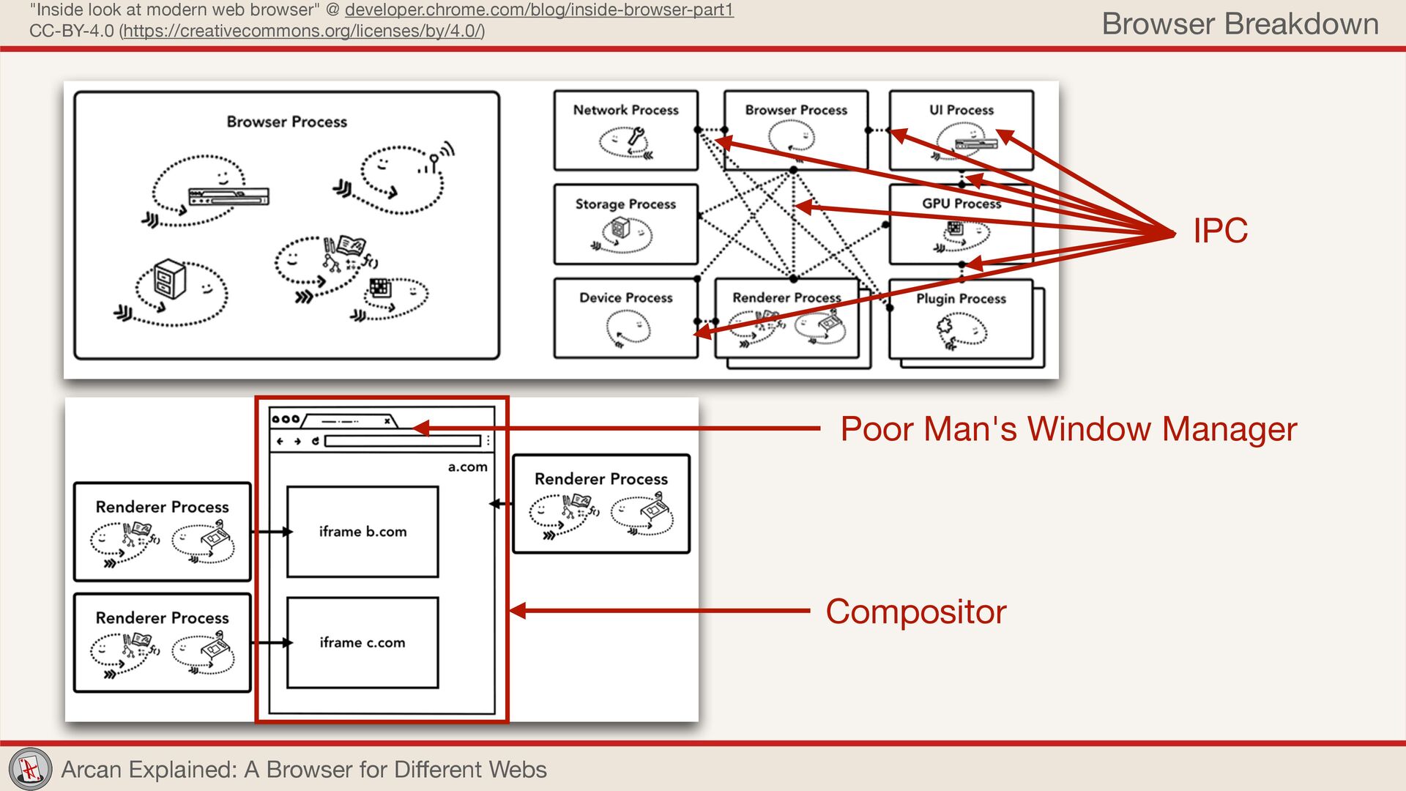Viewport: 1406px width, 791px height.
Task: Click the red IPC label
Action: (1220, 231)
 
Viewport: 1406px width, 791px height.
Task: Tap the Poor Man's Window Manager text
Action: (1068, 429)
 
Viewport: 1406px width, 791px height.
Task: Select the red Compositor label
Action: (915, 612)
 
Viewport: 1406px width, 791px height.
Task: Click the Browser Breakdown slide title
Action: (1240, 24)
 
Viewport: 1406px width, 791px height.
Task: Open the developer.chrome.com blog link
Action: (539, 10)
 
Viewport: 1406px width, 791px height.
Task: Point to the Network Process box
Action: (625, 130)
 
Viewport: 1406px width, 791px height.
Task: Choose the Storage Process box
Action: (625, 224)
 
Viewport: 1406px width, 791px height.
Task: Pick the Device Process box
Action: (625, 318)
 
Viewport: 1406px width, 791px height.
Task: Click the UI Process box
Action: (961, 130)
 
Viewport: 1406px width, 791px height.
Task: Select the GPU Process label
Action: (961, 204)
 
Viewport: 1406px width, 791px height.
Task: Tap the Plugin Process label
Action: (961, 299)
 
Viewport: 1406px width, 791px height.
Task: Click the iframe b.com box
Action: (362, 532)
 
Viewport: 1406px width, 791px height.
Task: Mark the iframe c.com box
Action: (362, 642)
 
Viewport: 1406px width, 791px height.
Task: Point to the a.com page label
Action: (467, 467)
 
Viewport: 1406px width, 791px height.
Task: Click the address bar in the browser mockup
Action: (403, 441)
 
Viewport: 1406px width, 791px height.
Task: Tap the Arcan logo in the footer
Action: (30, 769)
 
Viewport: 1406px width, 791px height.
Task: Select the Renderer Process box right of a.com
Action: (601, 504)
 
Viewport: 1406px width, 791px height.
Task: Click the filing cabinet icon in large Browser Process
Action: (170, 279)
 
